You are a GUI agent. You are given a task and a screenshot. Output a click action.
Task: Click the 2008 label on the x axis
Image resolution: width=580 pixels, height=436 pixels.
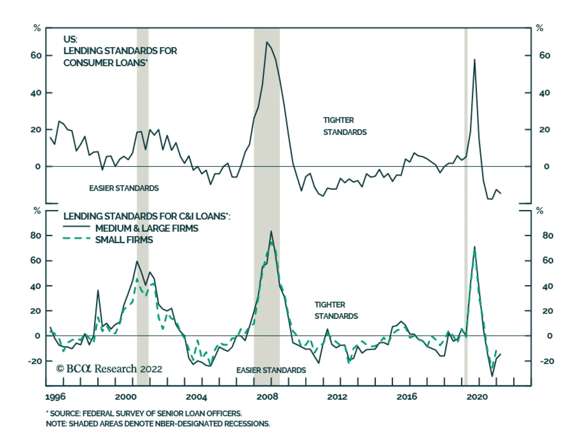coord(267,397)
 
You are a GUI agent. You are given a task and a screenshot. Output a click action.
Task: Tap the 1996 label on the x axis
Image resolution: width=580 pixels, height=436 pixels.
coord(55,397)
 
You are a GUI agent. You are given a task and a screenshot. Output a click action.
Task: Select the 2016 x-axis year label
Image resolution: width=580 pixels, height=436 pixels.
coord(407,397)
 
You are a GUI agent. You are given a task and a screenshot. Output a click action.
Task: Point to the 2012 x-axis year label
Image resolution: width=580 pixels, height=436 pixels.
coord(337,397)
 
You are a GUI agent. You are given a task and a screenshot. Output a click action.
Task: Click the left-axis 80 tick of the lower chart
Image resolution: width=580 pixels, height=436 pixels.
coord(36,235)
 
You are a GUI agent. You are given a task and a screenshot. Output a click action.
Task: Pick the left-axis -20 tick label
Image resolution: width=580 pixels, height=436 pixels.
coord(35,361)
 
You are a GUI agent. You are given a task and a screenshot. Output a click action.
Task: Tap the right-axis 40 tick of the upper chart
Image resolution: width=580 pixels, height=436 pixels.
coord(544,93)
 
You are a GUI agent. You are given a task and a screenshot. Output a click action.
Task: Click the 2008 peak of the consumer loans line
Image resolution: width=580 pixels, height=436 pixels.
coord(266,42)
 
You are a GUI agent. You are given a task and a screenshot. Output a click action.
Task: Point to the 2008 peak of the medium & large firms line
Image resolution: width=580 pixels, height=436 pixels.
coord(271,231)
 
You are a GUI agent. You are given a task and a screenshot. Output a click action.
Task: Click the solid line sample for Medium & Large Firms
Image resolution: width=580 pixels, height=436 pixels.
coord(76,226)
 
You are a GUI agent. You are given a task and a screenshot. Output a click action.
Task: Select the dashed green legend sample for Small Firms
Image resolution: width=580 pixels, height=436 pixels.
coord(76,238)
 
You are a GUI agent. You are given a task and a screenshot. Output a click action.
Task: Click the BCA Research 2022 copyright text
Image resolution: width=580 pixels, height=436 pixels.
coord(109,369)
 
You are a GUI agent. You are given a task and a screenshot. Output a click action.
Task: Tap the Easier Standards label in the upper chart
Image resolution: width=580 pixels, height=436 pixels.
coord(124,188)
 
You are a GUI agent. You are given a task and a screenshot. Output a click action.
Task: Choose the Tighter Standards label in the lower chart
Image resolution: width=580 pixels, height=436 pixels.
coord(336,310)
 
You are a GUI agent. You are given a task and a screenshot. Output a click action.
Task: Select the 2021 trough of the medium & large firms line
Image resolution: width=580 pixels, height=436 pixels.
coord(492,376)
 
